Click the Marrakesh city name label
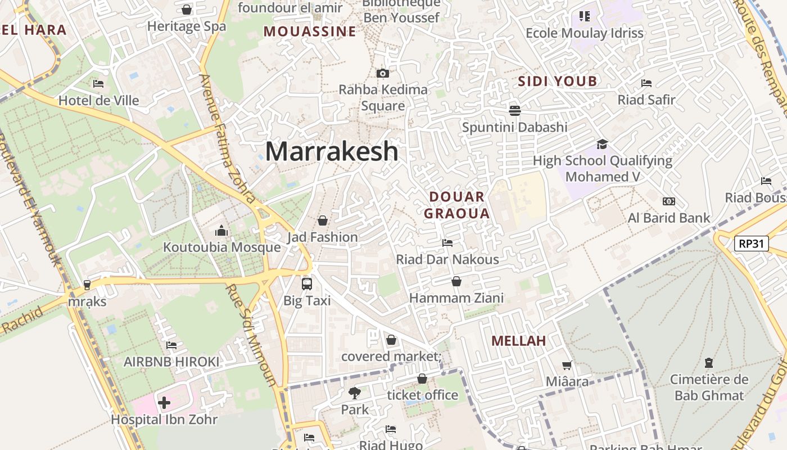pyautogui.click(x=332, y=151)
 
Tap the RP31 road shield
pyautogui.click(x=751, y=244)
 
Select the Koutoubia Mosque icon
pyautogui.click(x=221, y=231)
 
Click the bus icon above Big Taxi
pyautogui.click(x=307, y=283)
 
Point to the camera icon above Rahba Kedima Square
pyautogui.click(x=383, y=73)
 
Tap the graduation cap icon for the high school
pyautogui.click(x=603, y=144)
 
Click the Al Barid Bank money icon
pyautogui.click(x=668, y=201)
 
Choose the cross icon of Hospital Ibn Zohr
pyautogui.click(x=164, y=403)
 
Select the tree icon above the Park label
pyautogui.click(x=355, y=393)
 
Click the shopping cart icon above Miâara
pyautogui.click(x=567, y=365)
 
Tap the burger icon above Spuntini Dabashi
pyautogui.click(x=515, y=110)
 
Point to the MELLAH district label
pyautogui.click(x=518, y=341)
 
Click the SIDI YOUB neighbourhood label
pyautogui.click(x=557, y=82)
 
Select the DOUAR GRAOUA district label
pyautogui.click(x=456, y=205)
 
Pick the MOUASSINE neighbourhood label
pyautogui.click(x=310, y=31)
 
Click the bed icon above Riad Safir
pyautogui.click(x=646, y=83)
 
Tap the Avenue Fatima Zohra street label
pyautogui.click(x=228, y=138)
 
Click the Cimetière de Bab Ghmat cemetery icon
pyautogui.click(x=708, y=363)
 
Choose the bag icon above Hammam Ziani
pyautogui.click(x=456, y=281)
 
